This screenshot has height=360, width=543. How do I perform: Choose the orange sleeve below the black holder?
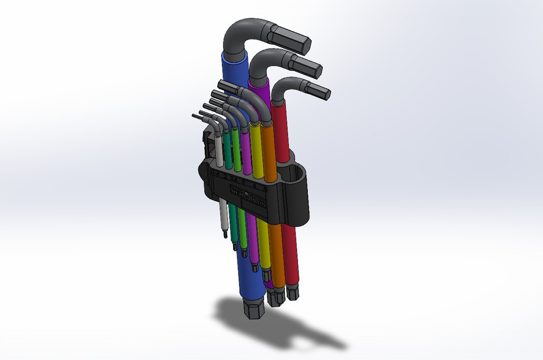pos(276,254)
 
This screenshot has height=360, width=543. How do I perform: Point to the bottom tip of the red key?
pos(292,293)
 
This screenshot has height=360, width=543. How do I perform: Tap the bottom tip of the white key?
pos(225,232)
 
